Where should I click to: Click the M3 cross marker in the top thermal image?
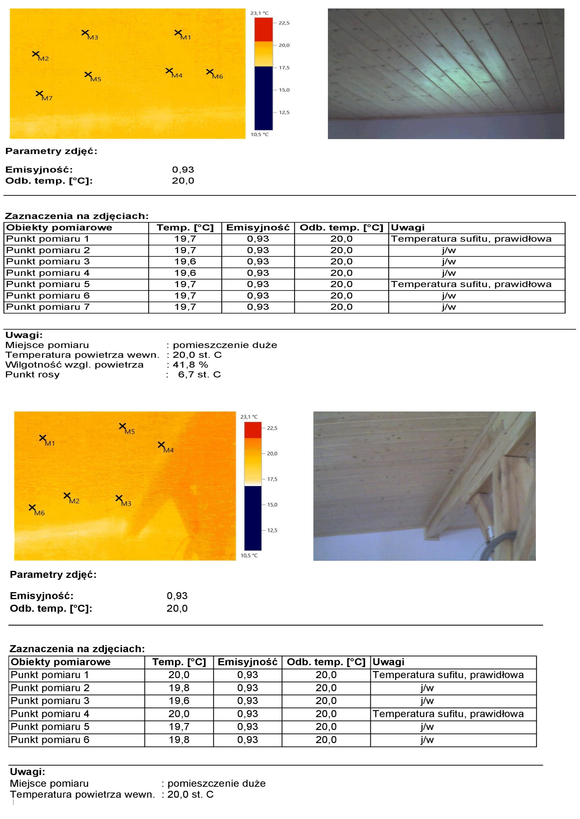click(85, 33)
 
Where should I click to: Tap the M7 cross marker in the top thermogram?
click(39, 93)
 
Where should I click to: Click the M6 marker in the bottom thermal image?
click(32, 507)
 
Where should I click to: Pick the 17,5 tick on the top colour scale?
click(284, 68)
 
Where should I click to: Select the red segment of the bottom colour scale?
click(253, 430)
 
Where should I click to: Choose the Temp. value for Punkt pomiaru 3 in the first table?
click(185, 261)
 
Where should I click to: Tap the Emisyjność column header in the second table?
click(247, 662)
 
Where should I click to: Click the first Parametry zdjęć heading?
click(51, 151)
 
